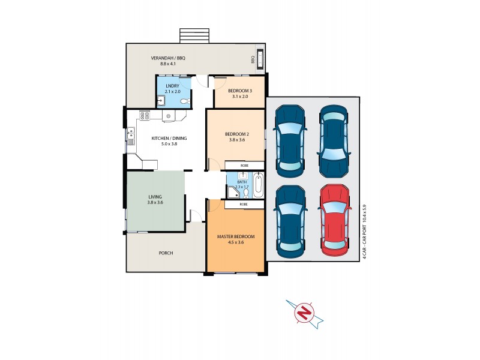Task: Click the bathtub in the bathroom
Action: point(258,185)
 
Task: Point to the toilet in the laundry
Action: point(187,101)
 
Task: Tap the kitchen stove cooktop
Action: point(144,115)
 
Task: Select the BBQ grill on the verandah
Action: point(260,59)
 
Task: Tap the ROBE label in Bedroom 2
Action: point(244,166)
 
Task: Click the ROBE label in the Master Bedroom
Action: point(244,204)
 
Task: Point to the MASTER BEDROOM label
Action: point(235,236)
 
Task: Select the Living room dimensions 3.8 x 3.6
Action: point(155,203)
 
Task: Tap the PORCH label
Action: point(166,253)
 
